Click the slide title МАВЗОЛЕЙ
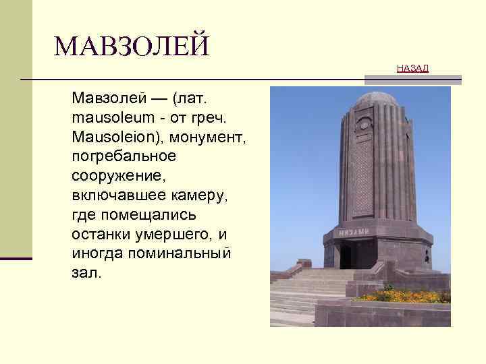[132, 47]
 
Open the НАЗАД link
[412, 69]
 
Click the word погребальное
[124, 157]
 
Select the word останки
[101, 235]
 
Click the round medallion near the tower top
[364, 125]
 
